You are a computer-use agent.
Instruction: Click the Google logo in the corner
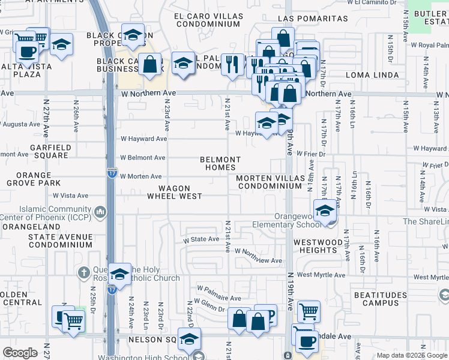point(20,353)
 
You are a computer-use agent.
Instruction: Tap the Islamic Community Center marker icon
point(100,211)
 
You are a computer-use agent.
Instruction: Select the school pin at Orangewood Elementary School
point(325,211)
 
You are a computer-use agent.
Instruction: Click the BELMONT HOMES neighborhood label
point(220,163)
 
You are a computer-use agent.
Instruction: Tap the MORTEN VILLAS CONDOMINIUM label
point(268,182)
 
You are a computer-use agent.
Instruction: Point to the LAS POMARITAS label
point(313,19)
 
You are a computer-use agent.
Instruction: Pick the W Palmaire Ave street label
point(218,298)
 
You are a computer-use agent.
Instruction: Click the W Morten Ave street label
point(141,176)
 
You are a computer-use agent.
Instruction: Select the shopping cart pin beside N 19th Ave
point(309,310)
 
